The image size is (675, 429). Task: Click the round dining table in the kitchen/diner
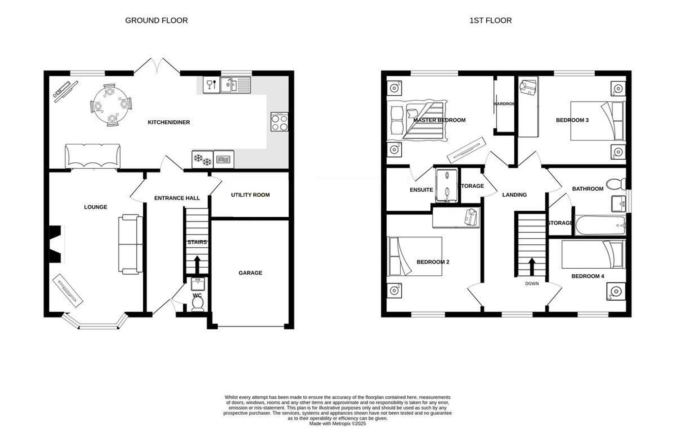(x=111, y=105)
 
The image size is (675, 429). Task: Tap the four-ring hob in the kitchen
(x=279, y=122)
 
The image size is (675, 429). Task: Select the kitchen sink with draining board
(x=236, y=85)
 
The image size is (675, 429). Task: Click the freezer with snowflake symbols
(x=202, y=159)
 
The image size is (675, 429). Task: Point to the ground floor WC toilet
(x=197, y=304)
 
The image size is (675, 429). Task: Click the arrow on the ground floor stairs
(x=197, y=265)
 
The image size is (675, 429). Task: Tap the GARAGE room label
(x=250, y=273)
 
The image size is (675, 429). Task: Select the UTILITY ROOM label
(x=250, y=195)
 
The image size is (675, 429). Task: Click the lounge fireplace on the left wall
(x=57, y=244)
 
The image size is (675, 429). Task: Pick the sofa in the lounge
(x=130, y=244)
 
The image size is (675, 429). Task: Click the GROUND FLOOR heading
(x=157, y=21)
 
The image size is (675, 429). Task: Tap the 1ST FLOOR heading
(x=490, y=21)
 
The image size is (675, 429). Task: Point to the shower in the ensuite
(x=447, y=185)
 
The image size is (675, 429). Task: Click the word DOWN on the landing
(x=532, y=284)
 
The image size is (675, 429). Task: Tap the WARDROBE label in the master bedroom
(x=504, y=104)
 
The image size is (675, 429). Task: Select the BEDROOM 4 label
(x=588, y=276)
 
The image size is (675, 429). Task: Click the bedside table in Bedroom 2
(x=394, y=290)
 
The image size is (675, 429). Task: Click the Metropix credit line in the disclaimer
(x=337, y=424)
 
